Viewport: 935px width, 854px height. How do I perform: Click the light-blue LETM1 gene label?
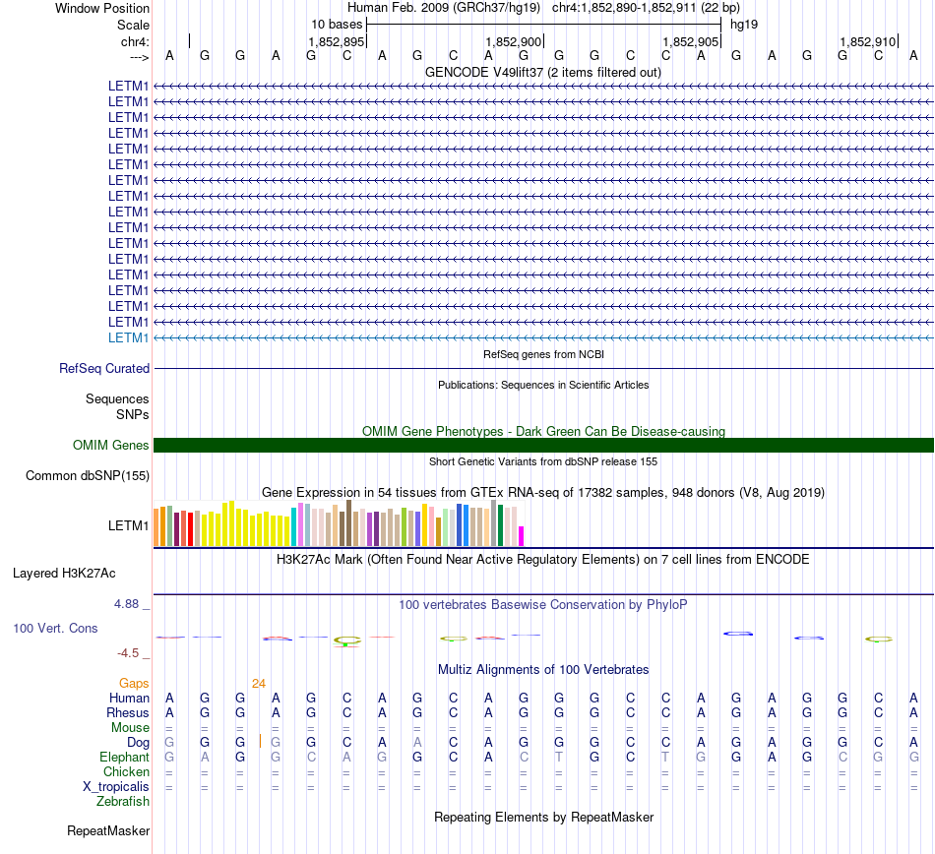pyautogui.click(x=128, y=337)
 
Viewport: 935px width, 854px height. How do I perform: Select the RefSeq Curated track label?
pyautogui.click(x=104, y=368)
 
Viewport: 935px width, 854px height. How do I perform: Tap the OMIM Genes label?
pyautogui.click(x=111, y=445)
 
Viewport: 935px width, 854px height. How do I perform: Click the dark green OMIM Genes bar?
pyautogui.click(x=543, y=445)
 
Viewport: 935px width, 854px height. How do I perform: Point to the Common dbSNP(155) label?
pyautogui.click(x=88, y=475)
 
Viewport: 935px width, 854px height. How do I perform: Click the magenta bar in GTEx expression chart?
pyautogui.click(x=522, y=536)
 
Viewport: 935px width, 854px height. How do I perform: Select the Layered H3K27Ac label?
pyautogui.click(x=64, y=574)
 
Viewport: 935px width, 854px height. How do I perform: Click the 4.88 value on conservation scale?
pyautogui.click(x=126, y=604)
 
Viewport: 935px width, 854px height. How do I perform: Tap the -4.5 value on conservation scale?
pyautogui.click(x=128, y=653)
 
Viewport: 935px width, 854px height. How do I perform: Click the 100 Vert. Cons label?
pyautogui.click(x=55, y=628)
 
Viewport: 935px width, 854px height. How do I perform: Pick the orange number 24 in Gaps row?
pyautogui.click(x=258, y=684)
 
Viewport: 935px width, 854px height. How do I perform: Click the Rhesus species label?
pyautogui.click(x=128, y=712)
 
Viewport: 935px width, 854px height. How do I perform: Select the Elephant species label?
pyautogui.click(x=125, y=757)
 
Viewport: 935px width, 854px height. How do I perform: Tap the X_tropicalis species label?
pyautogui.click(x=116, y=787)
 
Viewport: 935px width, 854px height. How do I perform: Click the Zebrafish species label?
pyautogui.click(x=123, y=802)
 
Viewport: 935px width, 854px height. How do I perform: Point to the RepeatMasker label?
pyautogui.click(x=108, y=830)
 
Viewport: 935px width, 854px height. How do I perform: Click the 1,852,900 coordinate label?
pyautogui.click(x=514, y=41)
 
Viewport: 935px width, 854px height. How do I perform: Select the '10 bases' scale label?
pyautogui.click(x=337, y=25)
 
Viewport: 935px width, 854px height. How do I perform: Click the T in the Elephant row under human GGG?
pyautogui.click(x=559, y=757)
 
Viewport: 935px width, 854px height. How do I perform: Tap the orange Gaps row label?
pyautogui.click(x=134, y=684)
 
